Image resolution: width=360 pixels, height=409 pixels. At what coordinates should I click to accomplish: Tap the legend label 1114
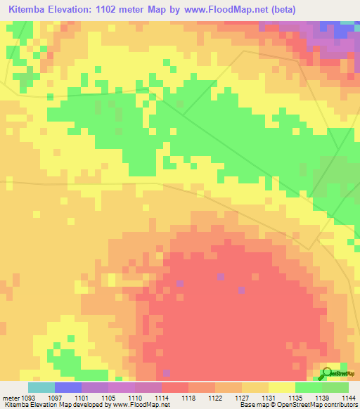pyautogui.click(x=162, y=397)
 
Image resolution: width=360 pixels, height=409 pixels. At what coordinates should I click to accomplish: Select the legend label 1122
pyautogui.click(x=215, y=397)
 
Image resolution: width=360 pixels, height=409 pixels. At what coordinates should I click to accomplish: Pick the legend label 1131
pyautogui.click(x=269, y=397)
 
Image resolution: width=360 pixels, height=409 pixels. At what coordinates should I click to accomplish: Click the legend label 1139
pyautogui.click(x=322, y=397)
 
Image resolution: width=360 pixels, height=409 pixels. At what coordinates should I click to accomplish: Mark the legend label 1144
pyautogui.click(x=348, y=397)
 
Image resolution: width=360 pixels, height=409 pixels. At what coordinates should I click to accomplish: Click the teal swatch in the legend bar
pyautogui.click(x=41, y=387)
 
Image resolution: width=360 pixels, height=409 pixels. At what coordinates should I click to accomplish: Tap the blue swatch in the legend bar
pyautogui.click(x=68, y=387)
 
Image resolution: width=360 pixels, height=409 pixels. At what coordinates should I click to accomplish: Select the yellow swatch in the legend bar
pyautogui.click(x=282, y=387)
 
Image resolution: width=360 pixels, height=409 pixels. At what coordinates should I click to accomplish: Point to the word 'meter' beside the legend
pyautogui.click(x=10, y=397)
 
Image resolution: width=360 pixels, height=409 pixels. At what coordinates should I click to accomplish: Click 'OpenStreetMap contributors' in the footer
pyautogui.click(x=321, y=405)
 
